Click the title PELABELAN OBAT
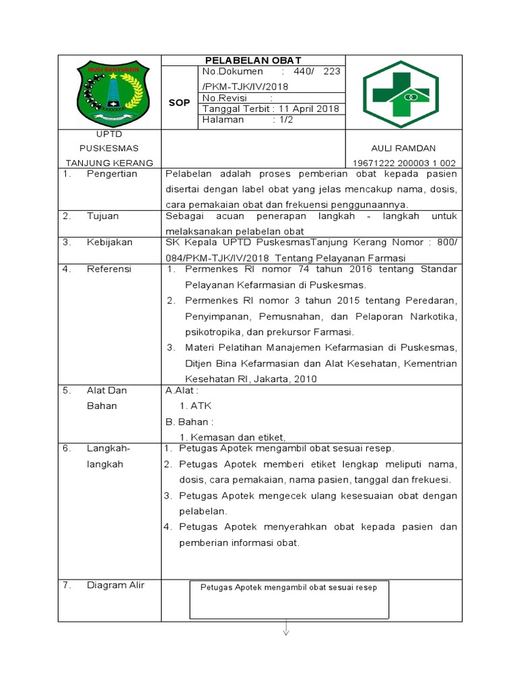(253, 61)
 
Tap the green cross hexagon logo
(404, 94)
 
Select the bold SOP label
(180, 102)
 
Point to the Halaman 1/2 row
(248, 120)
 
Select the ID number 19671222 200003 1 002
(404, 163)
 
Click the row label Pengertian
(112, 174)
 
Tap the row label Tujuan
(102, 216)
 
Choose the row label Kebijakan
(110, 243)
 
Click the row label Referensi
(109, 269)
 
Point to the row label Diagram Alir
(115, 585)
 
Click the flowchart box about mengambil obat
(289, 598)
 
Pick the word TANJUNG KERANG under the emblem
(109, 163)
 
